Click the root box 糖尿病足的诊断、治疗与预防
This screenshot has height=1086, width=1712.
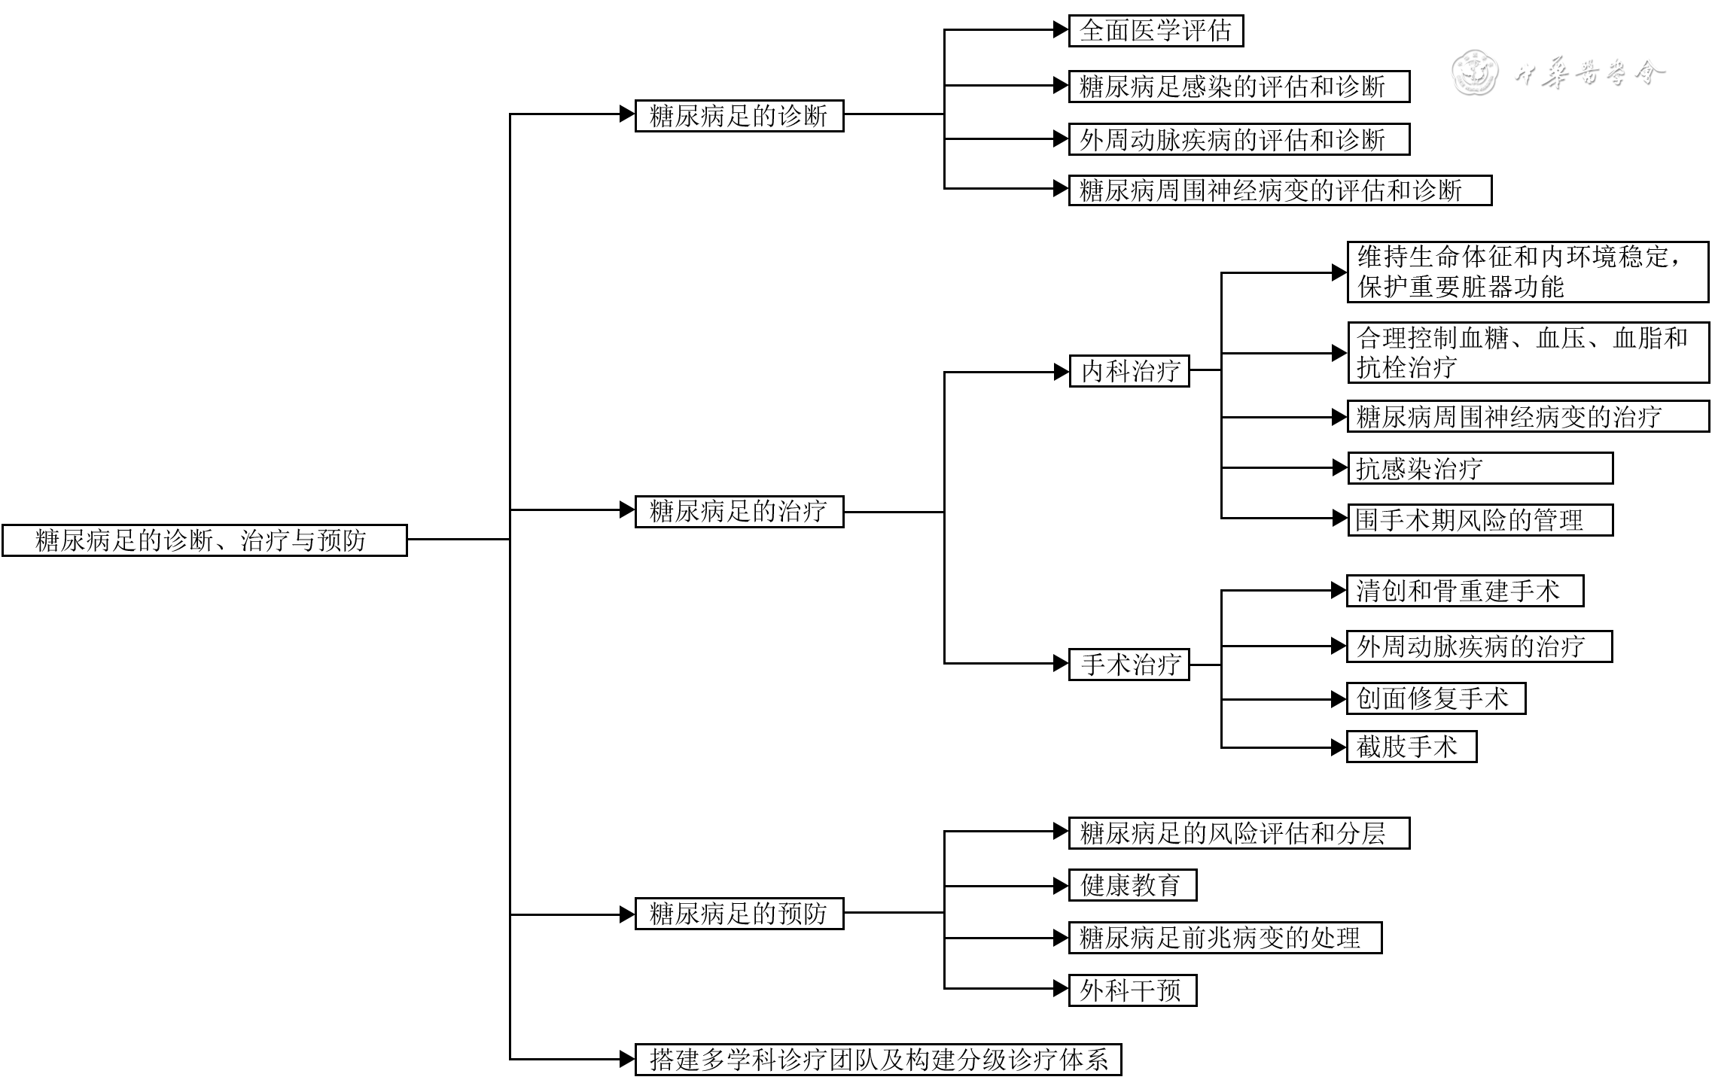(204, 540)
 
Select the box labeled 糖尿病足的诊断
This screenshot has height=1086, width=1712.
(739, 116)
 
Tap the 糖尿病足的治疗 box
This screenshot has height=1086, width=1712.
(739, 512)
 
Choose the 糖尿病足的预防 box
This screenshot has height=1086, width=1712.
(739, 914)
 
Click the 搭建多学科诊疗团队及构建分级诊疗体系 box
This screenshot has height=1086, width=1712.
(878, 1060)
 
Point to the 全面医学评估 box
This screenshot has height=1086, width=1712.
(1155, 31)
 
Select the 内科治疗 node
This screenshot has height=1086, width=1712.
(1129, 371)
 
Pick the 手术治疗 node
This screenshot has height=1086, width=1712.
(1129, 665)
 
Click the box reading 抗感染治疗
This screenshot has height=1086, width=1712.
(1479, 468)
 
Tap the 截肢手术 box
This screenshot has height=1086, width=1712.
(1411, 747)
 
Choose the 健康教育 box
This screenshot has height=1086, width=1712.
(1132, 885)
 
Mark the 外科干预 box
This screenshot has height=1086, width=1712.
(1132, 990)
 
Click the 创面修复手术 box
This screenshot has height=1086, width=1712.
(1436, 698)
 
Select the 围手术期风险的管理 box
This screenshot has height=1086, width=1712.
(1479, 520)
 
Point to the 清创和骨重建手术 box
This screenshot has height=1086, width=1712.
(1464, 591)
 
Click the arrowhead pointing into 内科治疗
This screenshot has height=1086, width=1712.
(1061, 372)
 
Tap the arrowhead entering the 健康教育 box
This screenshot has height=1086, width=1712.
(1061, 886)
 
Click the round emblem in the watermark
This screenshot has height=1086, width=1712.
(1474, 73)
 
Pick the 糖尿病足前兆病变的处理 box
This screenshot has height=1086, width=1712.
(1225, 938)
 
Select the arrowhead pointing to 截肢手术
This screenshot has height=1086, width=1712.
(1339, 747)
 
